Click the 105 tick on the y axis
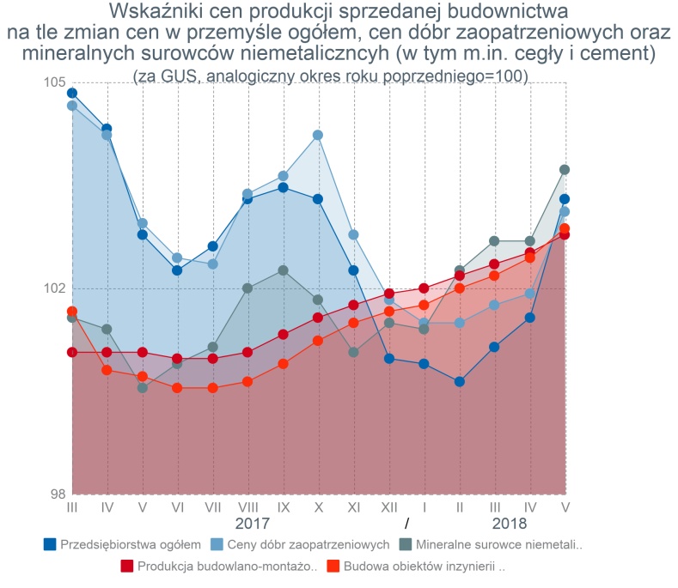tap(54, 82)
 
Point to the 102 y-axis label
tap(54, 288)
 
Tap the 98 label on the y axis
tap(58, 494)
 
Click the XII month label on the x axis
tap(389, 507)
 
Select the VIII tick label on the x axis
tap(248, 507)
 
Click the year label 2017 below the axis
tap(252, 524)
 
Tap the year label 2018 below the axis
tap(510, 524)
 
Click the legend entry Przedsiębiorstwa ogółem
tap(122, 545)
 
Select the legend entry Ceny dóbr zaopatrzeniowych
tap(300, 545)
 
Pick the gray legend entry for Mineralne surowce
tap(491, 545)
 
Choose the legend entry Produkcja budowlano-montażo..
tap(219, 567)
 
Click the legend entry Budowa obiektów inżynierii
tap(416, 567)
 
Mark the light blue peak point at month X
tap(318, 136)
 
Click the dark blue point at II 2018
tap(460, 381)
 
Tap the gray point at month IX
tap(284, 270)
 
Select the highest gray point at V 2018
tap(565, 169)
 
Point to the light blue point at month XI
tap(353, 234)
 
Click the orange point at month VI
tap(177, 387)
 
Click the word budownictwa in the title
tap(508, 12)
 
